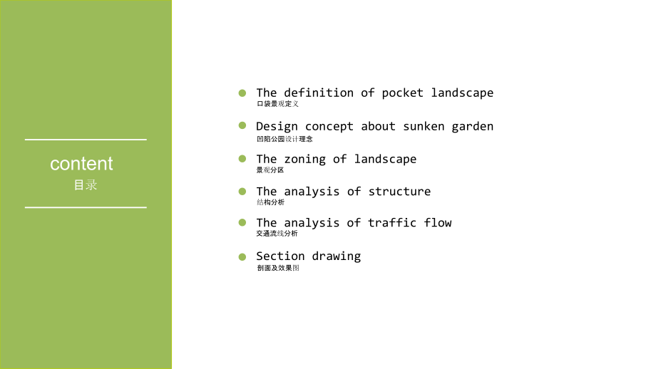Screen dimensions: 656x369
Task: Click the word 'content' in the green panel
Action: coord(81,164)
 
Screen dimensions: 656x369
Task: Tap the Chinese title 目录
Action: coord(86,184)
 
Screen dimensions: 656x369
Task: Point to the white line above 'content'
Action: coord(86,140)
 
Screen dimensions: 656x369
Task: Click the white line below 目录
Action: coord(86,207)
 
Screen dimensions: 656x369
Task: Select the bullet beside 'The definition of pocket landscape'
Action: coord(242,93)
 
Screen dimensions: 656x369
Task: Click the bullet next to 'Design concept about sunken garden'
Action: coord(242,125)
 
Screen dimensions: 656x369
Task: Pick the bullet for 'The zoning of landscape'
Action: coord(242,159)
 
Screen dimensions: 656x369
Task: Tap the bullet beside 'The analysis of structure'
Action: coord(242,192)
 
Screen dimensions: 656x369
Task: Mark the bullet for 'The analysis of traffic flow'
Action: coord(242,222)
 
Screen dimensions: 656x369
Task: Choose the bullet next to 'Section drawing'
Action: coord(242,256)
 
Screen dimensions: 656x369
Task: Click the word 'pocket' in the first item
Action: coord(402,93)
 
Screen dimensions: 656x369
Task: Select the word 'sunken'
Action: coord(424,126)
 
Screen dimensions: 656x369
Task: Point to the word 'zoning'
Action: coord(305,160)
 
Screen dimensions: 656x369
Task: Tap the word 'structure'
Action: coord(399,192)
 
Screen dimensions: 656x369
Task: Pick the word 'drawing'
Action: coord(337,256)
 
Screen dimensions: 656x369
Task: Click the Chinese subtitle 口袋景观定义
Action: coord(278,103)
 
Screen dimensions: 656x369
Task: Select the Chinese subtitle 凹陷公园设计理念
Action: coord(285,139)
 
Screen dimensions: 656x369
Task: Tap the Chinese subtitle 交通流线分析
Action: coord(277,233)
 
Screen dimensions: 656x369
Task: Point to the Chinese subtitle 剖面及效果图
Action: coord(278,268)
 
